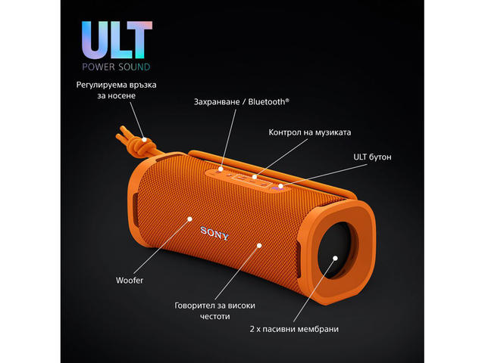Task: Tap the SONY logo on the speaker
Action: pyautogui.click(x=214, y=231)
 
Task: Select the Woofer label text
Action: pyautogui.click(x=130, y=281)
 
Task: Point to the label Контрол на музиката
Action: pyautogui.click(x=309, y=132)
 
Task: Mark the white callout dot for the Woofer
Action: pyautogui.click(x=189, y=219)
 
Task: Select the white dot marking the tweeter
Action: pyautogui.click(x=258, y=246)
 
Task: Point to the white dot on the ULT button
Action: pyautogui.click(x=280, y=185)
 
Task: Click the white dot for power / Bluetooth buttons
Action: pyautogui.click(x=221, y=169)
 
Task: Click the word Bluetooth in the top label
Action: pyautogui.click(x=267, y=101)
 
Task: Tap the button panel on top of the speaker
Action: pyautogui.click(x=246, y=178)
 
